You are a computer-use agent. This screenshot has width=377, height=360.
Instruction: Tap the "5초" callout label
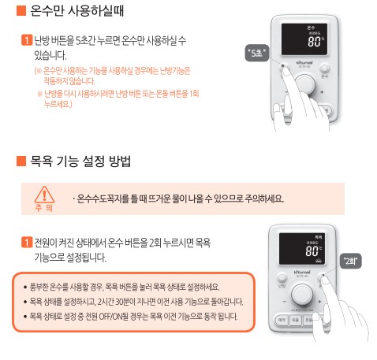(x=257, y=54)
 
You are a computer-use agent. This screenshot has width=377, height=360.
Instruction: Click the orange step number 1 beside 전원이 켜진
(x=28, y=240)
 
